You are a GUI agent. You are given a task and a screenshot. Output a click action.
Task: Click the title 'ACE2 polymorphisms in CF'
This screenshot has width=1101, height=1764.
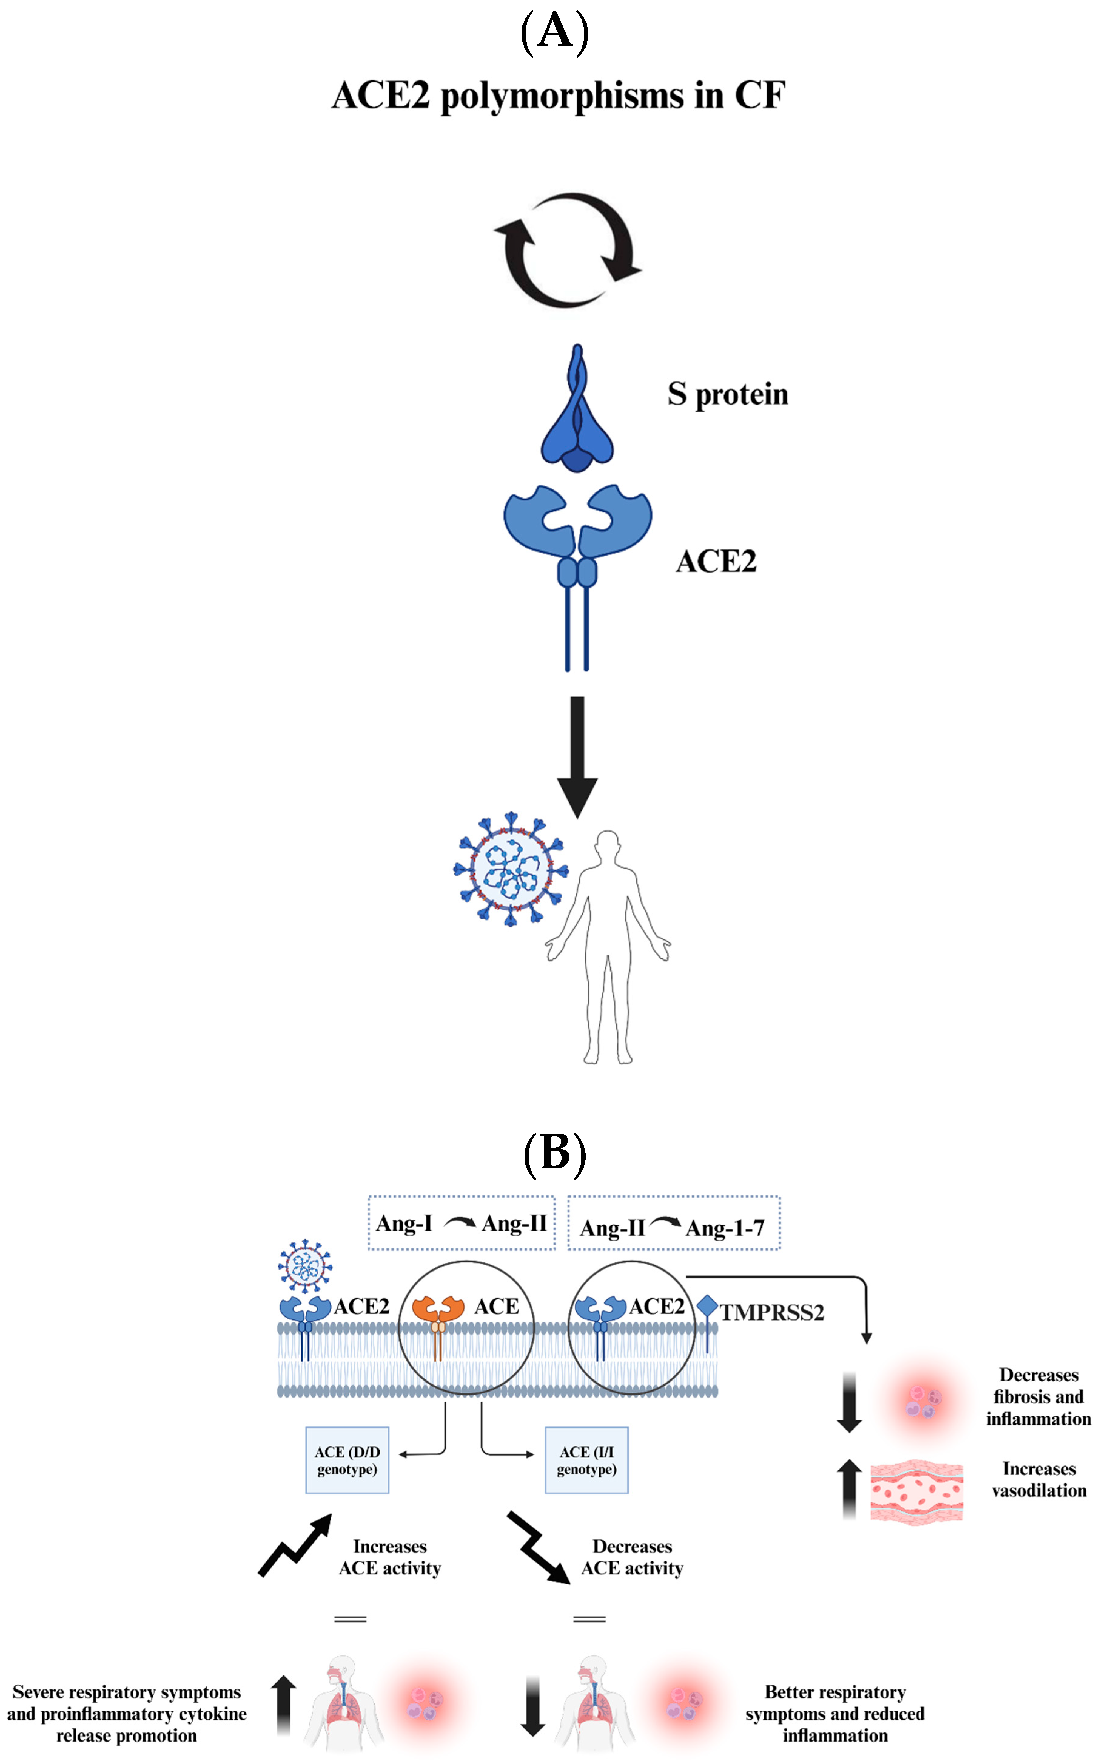click(x=558, y=95)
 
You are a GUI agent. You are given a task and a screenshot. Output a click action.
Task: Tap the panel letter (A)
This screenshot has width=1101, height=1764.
click(x=555, y=32)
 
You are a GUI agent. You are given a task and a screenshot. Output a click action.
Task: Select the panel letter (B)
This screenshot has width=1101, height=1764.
click(x=555, y=1154)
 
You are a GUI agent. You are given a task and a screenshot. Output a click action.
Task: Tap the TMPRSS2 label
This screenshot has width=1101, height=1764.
click(x=772, y=1313)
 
